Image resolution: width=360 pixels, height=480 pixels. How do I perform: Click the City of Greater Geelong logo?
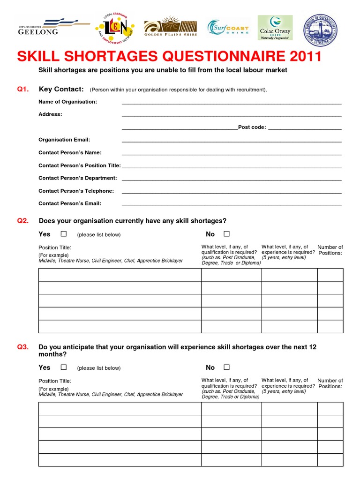point(52,27)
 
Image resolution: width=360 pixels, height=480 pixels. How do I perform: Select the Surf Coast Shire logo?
point(228,28)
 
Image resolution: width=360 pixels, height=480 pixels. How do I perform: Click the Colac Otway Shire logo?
point(275,28)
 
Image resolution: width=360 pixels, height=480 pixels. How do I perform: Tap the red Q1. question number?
point(23,89)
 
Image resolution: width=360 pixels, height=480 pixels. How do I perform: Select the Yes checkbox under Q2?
point(64,234)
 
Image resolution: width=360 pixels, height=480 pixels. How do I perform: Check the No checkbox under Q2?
point(227,234)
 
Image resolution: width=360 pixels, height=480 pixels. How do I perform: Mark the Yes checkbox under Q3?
point(64,367)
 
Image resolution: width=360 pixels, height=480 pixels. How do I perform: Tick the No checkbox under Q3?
point(227,367)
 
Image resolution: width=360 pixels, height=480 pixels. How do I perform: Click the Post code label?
point(252,127)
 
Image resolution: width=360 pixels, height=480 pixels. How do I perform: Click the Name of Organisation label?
point(67,102)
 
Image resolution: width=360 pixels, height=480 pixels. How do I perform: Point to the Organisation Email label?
point(64,140)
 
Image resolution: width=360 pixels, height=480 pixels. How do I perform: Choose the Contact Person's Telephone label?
point(76,191)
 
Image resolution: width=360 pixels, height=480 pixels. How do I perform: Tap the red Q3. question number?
point(23,347)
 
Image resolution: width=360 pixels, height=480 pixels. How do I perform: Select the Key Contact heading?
point(61,89)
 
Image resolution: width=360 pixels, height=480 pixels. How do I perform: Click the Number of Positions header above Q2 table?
point(330,250)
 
